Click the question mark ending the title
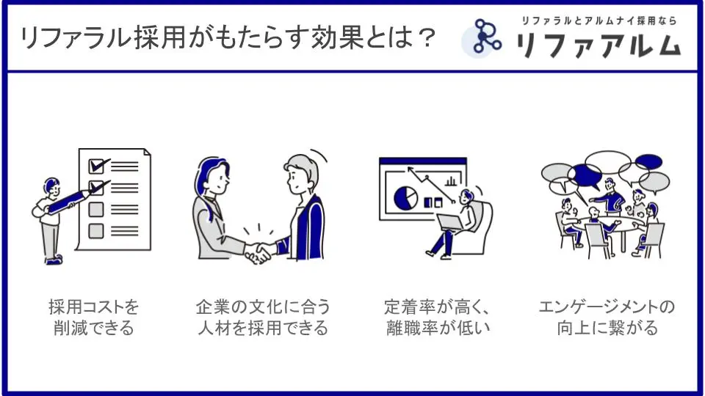(x=424, y=37)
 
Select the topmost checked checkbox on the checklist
(x=97, y=166)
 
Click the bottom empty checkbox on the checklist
(x=95, y=231)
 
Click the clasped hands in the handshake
(x=258, y=253)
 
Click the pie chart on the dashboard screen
(x=405, y=198)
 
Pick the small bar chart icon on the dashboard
(x=450, y=181)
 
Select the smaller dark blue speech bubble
(x=648, y=161)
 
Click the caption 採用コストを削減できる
(x=93, y=318)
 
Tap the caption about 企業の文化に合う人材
(x=263, y=318)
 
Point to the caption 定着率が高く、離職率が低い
(x=438, y=318)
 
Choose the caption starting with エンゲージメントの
(x=607, y=318)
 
